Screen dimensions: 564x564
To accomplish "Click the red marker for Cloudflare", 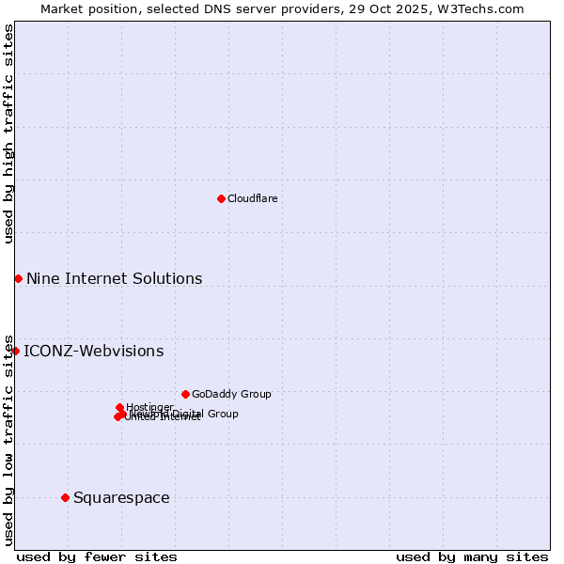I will click(x=221, y=198).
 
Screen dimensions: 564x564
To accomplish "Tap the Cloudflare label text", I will click(x=252, y=198).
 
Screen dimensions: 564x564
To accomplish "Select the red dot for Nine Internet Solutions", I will click(x=18, y=278).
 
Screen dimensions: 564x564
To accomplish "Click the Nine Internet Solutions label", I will click(x=114, y=278).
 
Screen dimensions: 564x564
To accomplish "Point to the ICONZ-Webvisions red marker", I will click(x=15, y=351).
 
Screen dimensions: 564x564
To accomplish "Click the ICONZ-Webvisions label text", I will click(x=93, y=351).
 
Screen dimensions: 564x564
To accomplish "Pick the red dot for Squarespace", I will click(x=65, y=497).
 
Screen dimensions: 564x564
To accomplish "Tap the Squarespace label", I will click(x=121, y=497).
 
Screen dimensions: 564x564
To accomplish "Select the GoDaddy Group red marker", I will click(x=185, y=394).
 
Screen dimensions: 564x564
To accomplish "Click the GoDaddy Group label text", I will click(x=230, y=394).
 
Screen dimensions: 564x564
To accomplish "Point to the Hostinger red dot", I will click(x=119, y=407).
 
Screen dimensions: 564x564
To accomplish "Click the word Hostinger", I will click(x=149, y=407).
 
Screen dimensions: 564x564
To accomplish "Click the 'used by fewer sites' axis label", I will click(x=97, y=556).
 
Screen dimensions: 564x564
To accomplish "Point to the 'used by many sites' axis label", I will click(x=472, y=556).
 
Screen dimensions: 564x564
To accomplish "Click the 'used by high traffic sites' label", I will click(x=8, y=134).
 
